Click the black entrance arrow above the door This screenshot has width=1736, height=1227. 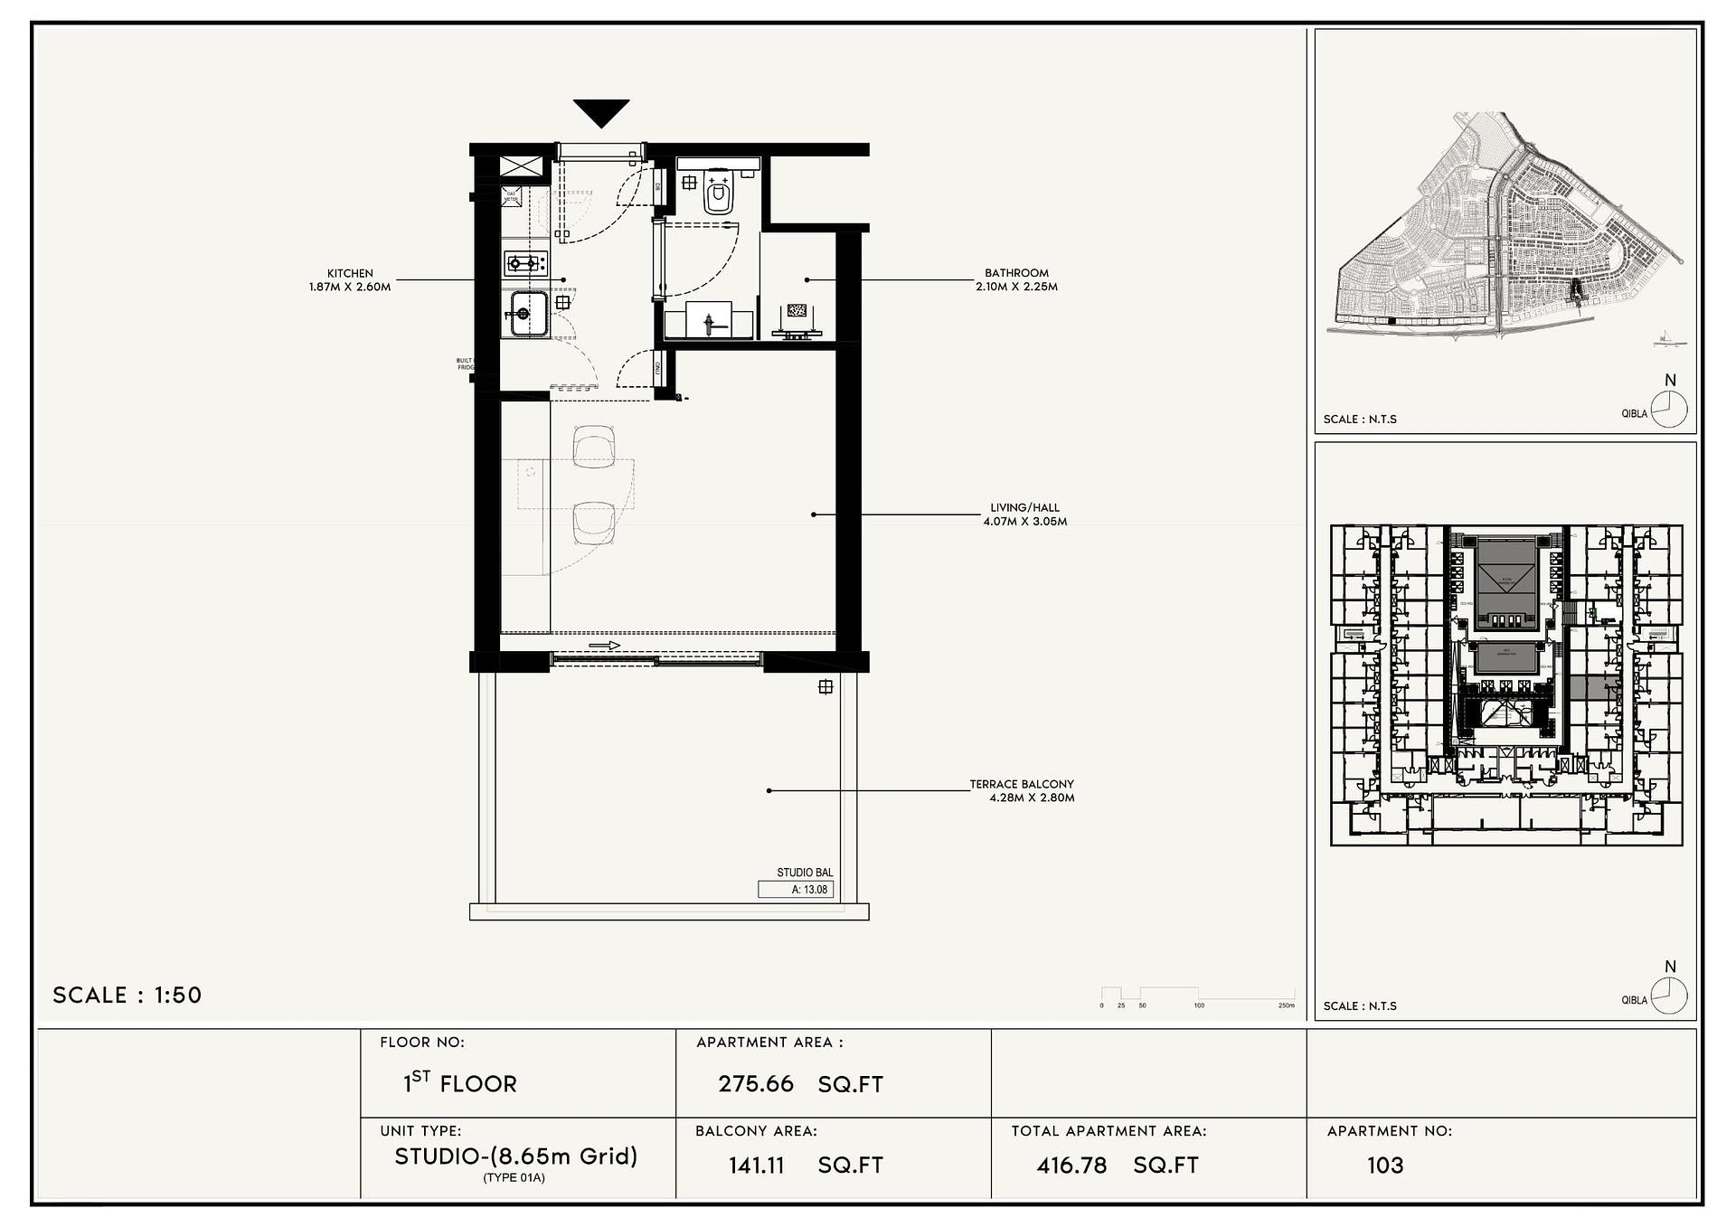(600, 112)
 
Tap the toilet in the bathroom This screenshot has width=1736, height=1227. (719, 193)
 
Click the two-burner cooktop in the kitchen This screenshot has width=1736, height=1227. (525, 263)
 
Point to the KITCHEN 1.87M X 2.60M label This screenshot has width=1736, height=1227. (350, 279)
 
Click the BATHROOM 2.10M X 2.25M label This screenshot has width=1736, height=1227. (1016, 279)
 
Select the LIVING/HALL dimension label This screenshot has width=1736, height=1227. (1024, 514)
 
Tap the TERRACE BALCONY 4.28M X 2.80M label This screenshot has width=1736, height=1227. (1023, 790)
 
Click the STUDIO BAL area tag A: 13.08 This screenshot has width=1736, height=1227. (797, 889)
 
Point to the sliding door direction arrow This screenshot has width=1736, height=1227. (604, 646)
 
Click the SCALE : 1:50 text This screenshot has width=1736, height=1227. (127, 995)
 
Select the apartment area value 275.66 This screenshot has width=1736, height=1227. (756, 1083)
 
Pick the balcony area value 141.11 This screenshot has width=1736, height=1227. (757, 1165)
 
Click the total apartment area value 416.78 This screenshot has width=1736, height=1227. (1071, 1165)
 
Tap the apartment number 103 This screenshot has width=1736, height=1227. (1384, 1165)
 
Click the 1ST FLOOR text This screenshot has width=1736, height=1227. (459, 1082)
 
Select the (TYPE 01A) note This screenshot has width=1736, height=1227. (514, 1177)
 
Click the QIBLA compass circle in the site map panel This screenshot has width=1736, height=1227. (1669, 410)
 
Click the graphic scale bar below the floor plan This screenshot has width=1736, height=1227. (1197, 995)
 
